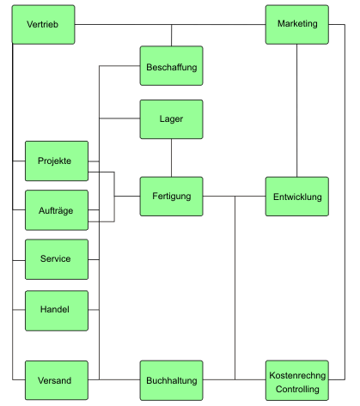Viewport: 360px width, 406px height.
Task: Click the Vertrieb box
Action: [43, 25]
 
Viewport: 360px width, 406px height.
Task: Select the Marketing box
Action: [297, 25]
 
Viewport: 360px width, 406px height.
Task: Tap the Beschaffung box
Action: [172, 66]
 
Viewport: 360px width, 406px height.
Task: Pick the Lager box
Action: [172, 119]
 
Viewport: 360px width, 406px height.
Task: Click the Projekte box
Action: [57, 161]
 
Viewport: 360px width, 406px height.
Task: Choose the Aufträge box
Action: [57, 210]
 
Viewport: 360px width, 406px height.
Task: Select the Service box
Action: [57, 259]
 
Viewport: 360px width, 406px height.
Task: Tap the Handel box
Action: [57, 311]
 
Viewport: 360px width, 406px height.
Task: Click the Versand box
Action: [57, 380]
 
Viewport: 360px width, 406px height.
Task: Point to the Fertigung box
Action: [172, 197]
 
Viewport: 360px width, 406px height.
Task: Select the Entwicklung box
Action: [297, 197]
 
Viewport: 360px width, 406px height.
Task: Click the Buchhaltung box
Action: [172, 380]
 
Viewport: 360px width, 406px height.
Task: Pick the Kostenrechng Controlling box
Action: [297, 380]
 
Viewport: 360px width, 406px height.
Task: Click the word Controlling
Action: [297, 389]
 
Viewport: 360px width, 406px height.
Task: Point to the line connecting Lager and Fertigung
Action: [172, 158]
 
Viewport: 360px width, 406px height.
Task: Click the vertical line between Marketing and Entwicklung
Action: [297, 111]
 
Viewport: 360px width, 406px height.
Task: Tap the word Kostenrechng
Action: [297, 375]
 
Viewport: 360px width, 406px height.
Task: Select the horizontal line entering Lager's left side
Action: [119, 118]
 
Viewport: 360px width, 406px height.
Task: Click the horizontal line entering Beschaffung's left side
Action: [119, 66]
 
